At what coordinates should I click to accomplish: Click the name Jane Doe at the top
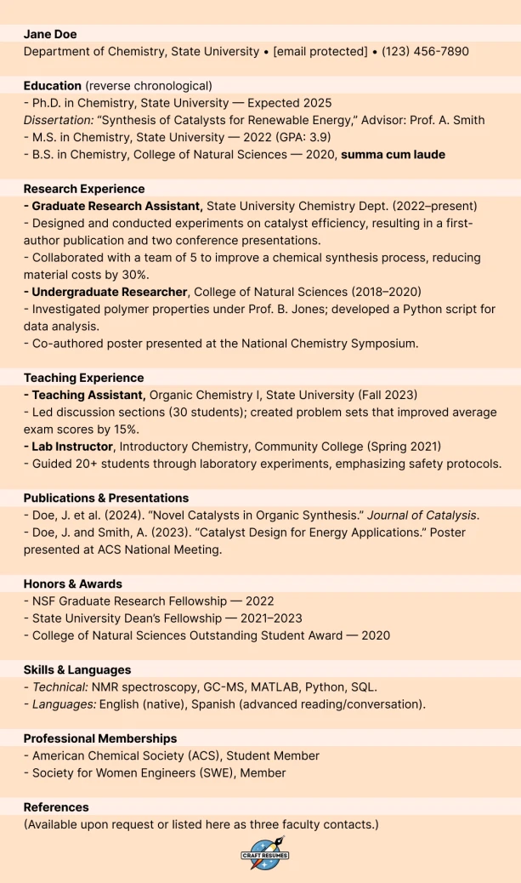[x=50, y=34]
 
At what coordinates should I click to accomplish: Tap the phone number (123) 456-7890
[x=425, y=52]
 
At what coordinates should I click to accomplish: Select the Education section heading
[x=53, y=86]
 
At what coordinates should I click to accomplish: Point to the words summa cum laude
[x=393, y=155]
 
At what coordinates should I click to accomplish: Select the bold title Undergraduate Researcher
[x=109, y=292]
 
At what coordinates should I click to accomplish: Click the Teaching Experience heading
[x=83, y=378]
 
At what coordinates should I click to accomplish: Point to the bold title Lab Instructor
[x=72, y=447]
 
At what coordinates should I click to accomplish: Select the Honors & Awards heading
[x=73, y=584]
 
